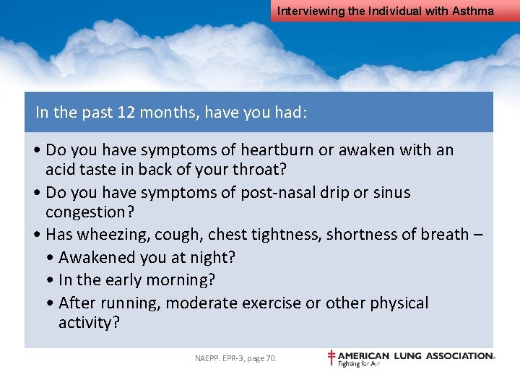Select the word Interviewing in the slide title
[x=306, y=11]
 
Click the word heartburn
[x=278, y=150]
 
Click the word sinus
[x=392, y=193]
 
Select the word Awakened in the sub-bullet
[x=96, y=258]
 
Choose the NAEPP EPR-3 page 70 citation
[x=235, y=357]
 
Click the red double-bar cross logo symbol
[x=331, y=357]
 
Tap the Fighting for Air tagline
[x=359, y=363]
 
